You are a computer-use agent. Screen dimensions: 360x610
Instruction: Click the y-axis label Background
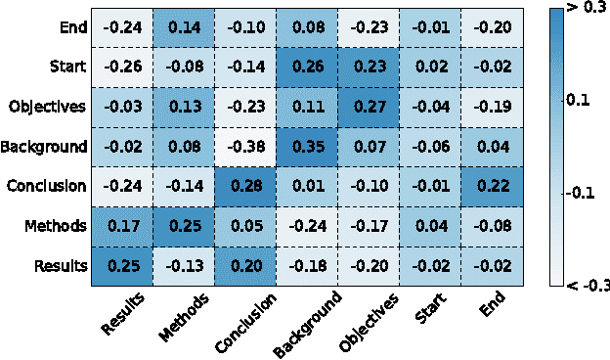pyautogui.click(x=44, y=147)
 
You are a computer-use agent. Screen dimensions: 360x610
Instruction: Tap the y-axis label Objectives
pyautogui.click(x=47, y=107)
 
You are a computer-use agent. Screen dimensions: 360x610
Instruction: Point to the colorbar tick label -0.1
pyautogui.click(x=586, y=193)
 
